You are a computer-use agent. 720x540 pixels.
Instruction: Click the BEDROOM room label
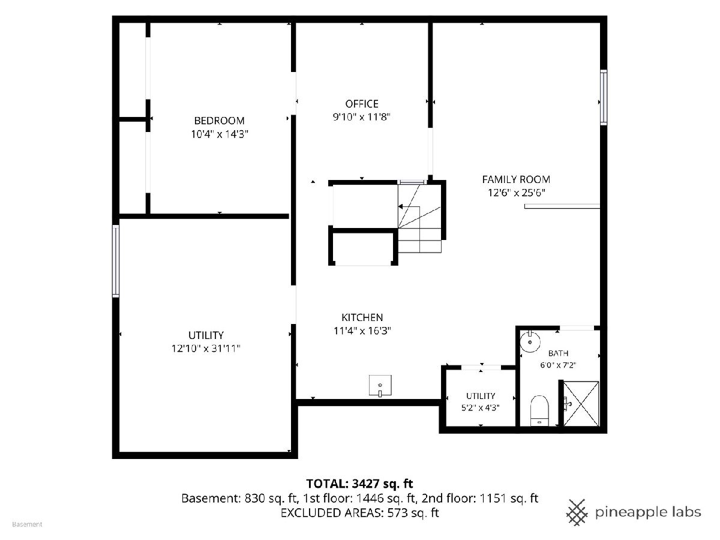(219, 121)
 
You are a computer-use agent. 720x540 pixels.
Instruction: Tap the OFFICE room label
(361, 104)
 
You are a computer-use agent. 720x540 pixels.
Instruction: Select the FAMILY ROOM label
(516, 179)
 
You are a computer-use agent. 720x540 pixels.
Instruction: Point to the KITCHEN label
(362, 317)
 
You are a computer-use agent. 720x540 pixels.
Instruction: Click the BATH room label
(558, 353)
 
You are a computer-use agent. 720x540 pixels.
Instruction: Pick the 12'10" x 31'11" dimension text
(206, 348)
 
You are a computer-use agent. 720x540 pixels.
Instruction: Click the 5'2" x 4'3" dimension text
(480, 407)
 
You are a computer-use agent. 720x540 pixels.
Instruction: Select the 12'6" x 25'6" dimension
(517, 193)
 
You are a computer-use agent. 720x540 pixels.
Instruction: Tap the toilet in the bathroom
(539, 410)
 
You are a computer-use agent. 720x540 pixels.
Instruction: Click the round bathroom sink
(530, 342)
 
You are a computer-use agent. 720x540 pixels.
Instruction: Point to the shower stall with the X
(581, 403)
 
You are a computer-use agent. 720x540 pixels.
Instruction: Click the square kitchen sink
(380, 385)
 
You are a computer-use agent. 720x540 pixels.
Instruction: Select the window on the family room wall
(603, 97)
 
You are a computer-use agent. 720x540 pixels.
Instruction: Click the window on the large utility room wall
(115, 261)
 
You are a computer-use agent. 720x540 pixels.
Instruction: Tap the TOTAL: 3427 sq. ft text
(359, 483)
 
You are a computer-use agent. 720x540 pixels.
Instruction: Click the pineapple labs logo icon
(577, 512)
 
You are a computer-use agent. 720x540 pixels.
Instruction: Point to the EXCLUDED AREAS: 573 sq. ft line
(359, 512)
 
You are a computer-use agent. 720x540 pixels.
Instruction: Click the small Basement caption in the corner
(27, 524)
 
